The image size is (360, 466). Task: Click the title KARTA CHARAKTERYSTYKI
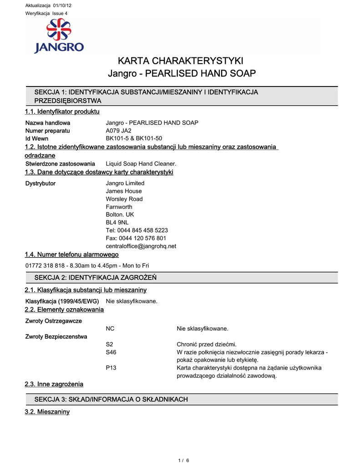point(181,61)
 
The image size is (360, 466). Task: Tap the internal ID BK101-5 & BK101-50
point(134,138)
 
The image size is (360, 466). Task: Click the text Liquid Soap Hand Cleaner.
point(141,163)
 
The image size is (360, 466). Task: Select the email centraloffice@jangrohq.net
point(141,246)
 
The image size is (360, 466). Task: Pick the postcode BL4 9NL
point(117,223)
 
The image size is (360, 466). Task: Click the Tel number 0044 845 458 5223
point(143,230)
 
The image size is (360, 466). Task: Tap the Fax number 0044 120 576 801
point(142,238)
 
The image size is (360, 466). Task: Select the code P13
point(111,368)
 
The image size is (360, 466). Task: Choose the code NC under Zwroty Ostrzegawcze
point(110,328)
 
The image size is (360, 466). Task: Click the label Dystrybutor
point(41,183)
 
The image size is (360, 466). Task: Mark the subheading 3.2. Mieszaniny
point(47,412)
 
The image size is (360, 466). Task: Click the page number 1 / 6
point(183,460)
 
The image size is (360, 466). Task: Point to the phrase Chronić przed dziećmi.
point(207,344)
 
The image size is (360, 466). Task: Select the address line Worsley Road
point(124,199)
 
